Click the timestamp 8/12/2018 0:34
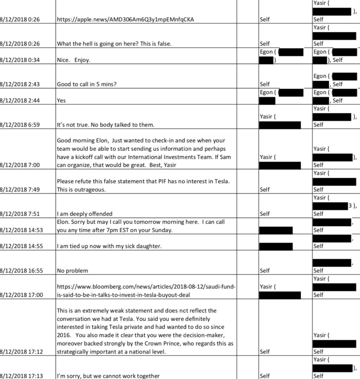coord(21,60)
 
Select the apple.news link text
coord(125,20)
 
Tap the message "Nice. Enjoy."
coord(73,60)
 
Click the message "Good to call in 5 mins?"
coord(87,84)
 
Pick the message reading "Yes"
coord(61,100)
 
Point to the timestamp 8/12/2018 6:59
coord(21,125)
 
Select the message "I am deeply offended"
coord(85,214)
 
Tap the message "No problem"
coord(72,270)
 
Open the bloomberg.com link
coord(146,291)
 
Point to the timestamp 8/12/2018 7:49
coord(21,189)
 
